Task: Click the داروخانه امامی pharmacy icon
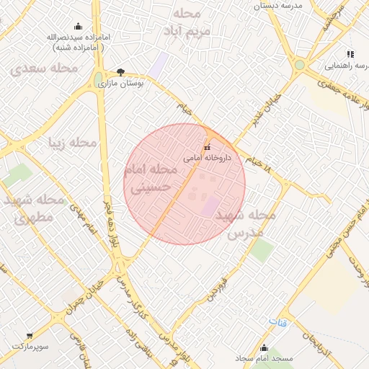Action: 208,148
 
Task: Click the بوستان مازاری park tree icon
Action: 120,72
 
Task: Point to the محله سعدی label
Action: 44,68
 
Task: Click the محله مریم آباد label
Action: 188,22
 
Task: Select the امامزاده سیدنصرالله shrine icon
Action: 77,27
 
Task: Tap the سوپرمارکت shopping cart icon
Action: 30,335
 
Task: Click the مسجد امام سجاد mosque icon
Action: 264,348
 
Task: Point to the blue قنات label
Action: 277,321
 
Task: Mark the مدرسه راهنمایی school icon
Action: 350,54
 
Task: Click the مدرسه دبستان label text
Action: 276,5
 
